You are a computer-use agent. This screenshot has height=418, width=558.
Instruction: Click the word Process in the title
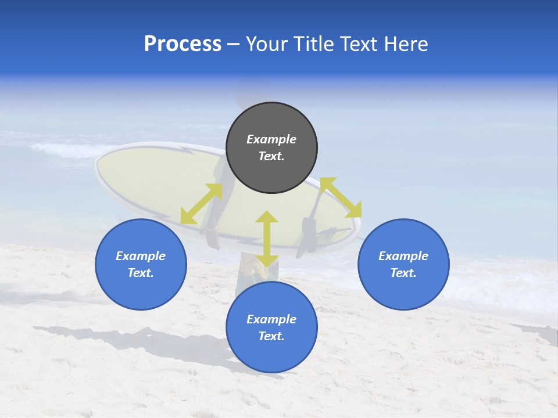pos(183,44)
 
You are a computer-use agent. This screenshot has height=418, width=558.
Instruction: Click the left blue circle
pos(141,264)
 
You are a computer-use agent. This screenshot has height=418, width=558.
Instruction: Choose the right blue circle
pos(403,264)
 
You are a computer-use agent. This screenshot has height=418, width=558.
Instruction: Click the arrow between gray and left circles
pos(201,204)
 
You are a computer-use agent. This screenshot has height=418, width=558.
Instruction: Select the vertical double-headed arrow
pos(267,239)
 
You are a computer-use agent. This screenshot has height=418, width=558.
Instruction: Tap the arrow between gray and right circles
pos(341,197)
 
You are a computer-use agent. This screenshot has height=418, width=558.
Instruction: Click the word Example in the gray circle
pos(271,139)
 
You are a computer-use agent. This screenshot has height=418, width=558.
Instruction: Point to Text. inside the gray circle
pos(271,156)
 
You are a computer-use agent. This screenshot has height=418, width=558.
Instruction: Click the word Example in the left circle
pos(141,256)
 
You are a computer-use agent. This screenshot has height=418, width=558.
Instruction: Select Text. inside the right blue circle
pos(403,273)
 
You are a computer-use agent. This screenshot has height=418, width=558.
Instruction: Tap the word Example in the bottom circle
pos(271,319)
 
